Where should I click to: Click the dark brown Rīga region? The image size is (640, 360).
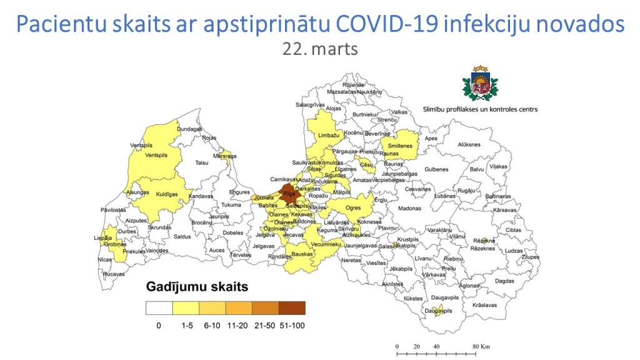[289, 193]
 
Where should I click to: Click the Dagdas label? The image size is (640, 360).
[504, 281]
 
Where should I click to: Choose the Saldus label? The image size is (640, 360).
[182, 237]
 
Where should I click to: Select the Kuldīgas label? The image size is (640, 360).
[167, 194]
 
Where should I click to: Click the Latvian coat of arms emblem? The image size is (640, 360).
[481, 84]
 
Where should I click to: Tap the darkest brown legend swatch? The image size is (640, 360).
[292, 307]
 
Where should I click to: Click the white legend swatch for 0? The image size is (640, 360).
[159, 307]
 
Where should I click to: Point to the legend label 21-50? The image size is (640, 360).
[265, 325]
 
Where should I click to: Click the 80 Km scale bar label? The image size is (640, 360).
[480, 346]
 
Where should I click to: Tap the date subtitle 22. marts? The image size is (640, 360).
[320, 49]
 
